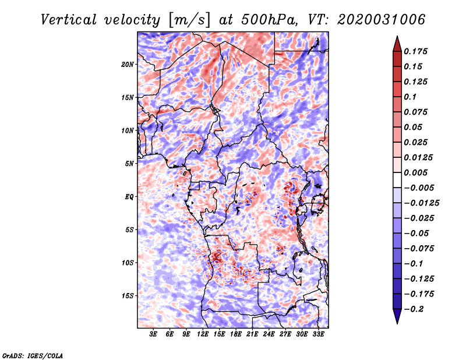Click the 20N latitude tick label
128,64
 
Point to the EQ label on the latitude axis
129,196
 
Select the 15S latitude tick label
128,296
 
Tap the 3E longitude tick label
153,334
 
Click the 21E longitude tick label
252,334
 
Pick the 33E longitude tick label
318,334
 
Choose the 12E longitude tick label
202,334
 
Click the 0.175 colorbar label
415,51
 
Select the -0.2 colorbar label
414,309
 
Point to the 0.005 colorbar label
415,172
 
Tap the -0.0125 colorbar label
421,203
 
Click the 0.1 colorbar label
410,97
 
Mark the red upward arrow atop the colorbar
397,44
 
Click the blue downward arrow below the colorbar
397,316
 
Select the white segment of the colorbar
397,180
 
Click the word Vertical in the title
69,20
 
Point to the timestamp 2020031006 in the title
382,20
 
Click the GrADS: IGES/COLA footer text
33,355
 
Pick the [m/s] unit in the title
189,20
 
